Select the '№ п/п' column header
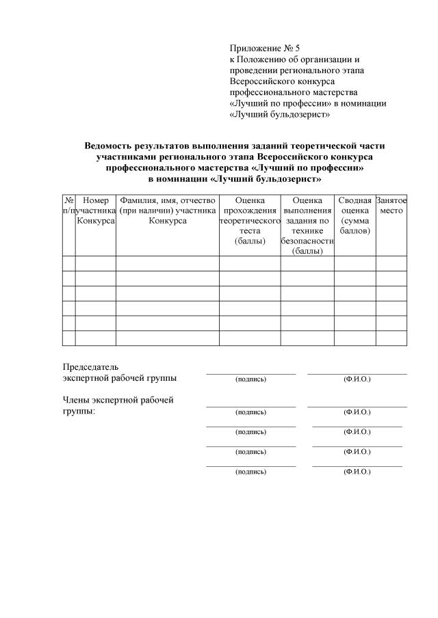[68, 205]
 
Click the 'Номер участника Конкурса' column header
[95, 211]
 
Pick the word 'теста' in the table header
[250, 232]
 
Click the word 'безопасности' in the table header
[307, 241]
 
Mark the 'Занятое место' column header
[391, 205]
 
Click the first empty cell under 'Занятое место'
[391, 264]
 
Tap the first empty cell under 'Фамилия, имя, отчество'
[167, 264]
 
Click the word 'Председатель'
[90, 367]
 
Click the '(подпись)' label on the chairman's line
[250, 379]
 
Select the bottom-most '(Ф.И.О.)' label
[357, 472]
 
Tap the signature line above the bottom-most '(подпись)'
[250, 466]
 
